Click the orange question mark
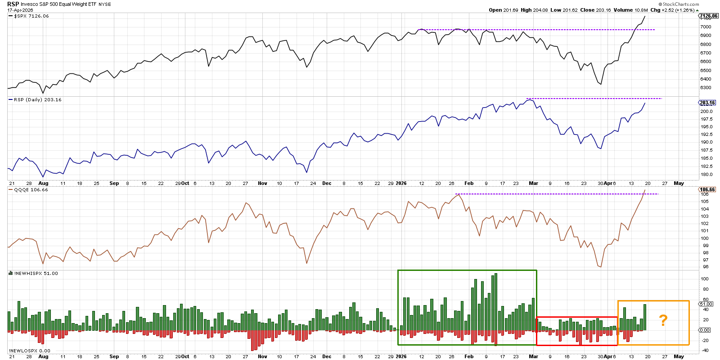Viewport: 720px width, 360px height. [663, 320]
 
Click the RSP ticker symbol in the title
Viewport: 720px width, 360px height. [13, 4]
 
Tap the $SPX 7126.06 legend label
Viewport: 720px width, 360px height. [31, 16]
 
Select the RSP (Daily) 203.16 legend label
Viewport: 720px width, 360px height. [37, 100]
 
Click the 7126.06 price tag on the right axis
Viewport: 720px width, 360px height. [708, 16]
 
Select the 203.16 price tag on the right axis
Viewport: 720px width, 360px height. [707, 103]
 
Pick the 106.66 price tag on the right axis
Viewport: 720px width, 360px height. [707, 190]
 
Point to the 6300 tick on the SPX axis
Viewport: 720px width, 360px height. [706, 88]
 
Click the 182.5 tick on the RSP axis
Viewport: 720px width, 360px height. [706, 166]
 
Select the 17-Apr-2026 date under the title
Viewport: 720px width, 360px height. [20, 10]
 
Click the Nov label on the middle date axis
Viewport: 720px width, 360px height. [262, 184]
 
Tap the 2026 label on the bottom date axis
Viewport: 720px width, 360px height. [401, 356]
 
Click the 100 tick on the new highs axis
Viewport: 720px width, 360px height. [705, 279]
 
